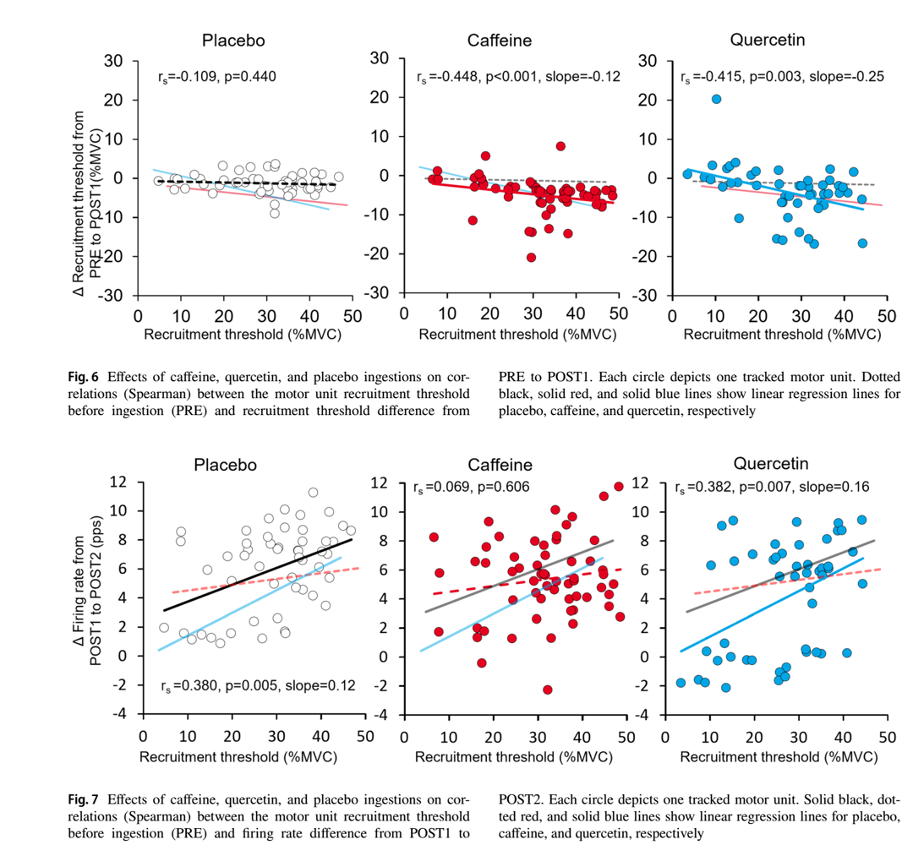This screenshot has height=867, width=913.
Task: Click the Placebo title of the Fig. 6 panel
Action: click(x=233, y=41)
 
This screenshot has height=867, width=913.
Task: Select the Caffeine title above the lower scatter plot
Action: click(x=500, y=465)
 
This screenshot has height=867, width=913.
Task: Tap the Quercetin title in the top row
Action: click(x=768, y=40)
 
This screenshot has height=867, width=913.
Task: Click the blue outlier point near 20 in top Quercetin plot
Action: click(x=716, y=99)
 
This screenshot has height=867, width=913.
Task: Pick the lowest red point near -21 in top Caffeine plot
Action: click(x=531, y=258)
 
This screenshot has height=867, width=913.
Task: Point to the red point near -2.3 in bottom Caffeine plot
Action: click(x=548, y=690)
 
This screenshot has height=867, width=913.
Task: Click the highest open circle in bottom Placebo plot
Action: click(x=313, y=493)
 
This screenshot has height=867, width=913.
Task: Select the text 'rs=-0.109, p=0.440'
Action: click(x=216, y=77)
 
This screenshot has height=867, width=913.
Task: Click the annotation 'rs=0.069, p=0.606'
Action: click(x=471, y=488)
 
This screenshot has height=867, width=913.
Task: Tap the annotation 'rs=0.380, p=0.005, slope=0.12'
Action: click(x=259, y=686)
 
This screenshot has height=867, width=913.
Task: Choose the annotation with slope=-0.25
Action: click(x=782, y=77)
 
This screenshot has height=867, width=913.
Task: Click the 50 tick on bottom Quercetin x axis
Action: click(x=887, y=736)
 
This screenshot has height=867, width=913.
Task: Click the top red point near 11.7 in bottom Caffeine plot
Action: click(x=619, y=487)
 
